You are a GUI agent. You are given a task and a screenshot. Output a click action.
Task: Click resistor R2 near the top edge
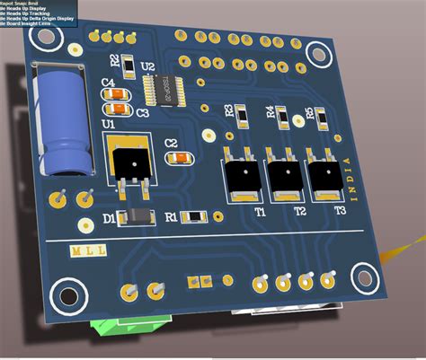[129, 64]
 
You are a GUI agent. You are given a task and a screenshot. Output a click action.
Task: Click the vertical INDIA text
[350, 179]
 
